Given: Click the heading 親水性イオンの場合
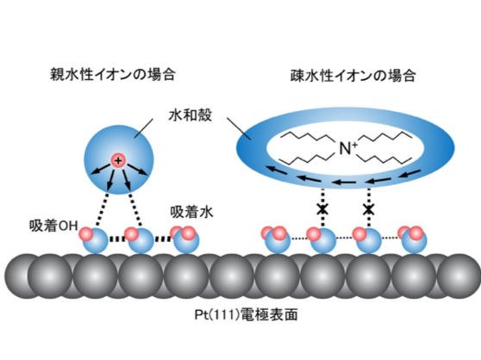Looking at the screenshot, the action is pyautogui.click(x=113, y=74).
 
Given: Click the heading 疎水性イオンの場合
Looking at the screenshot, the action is pyautogui.click(x=353, y=76).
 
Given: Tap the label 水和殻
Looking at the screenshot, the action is pyautogui.click(x=191, y=115).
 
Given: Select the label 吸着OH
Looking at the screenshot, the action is pyautogui.click(x=53, y=226).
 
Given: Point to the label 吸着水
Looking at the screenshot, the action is pyautogui.click(x=191, y=212).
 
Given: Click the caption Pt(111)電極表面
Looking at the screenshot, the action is pyautogui.click(x=246, y=314).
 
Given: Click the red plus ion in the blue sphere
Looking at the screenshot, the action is pyautogui.click(x=118, y=160).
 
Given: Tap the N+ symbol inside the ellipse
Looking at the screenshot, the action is pyautogui.click(x=348, y=148).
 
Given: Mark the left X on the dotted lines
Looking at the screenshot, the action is pyautogui.click(x=322, y=210).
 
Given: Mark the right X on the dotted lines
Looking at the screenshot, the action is pyautogui.click(x=368, y=210).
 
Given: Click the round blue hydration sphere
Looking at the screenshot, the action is pyautogui.click(x=119, y=159).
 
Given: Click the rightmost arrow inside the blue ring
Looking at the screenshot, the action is pyautogui.click(x=409, y=174).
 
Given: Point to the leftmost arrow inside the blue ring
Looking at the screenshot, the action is pyautogui.click(x=277, y=170).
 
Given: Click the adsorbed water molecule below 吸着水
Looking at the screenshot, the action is pyautogui.click(x=184, y=239).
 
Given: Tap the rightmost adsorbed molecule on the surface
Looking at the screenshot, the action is pyautogui.click(x=413, y=239).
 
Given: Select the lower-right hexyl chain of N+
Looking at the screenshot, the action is pyautogui.click(x=385, y=158).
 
